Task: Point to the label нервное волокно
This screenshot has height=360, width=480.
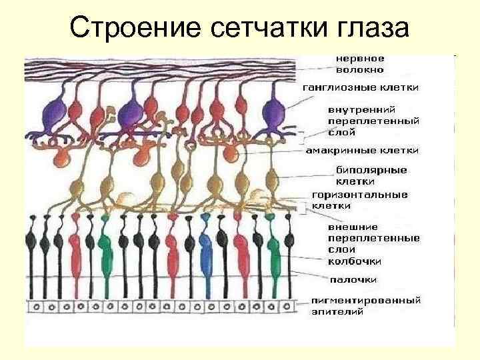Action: [x=360, y=64]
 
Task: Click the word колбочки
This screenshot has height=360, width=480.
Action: [x=353, y=261]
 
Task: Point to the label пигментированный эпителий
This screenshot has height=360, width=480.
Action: [x=365, y=306]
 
